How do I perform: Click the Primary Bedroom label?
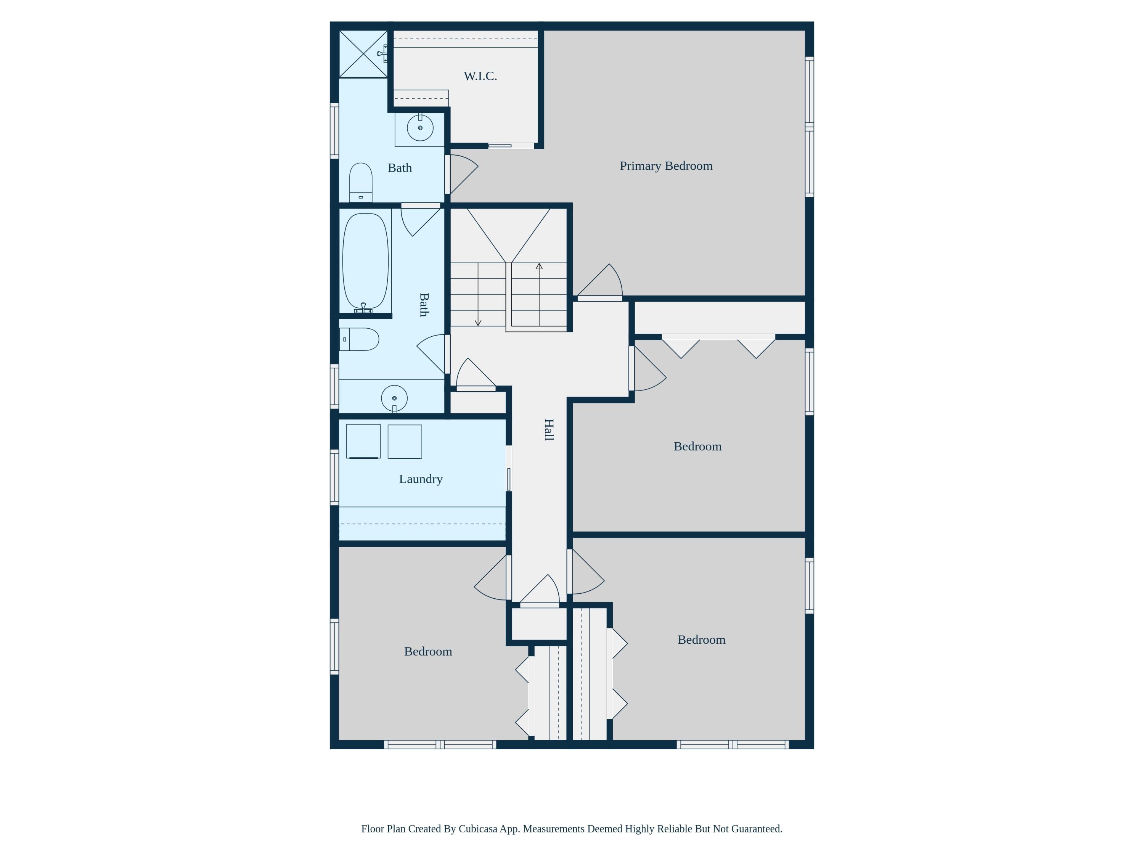pyautogui.click(x=666, y=166)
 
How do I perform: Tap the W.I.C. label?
pyautogui.click(x=480, y=76)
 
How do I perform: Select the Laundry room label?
pyautogui.click(x=421, y=479)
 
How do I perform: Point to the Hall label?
pyautogui.click(x=549, y=430)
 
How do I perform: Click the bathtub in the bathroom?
pyautogui.click(x=365, y=261)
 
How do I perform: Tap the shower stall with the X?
pyautogui.click(x=363, y=54)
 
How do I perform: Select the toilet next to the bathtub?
pyautogui.click(x=359, y=339)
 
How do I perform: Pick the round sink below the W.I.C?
pyautogui.click(x=420, y=128)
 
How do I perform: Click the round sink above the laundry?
pyautogui.click(x=394, y=398)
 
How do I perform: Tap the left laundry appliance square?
pyautogui.click(x=363, y=441)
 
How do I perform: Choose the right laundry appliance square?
pyautogui.click(x=405, y=442)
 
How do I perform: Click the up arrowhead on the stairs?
pyautogui.click(x=539, y=266)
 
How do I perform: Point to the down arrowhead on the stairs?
pyautogui.click(x=478, y=323)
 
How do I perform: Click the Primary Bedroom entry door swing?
pyautogui.click(x=600, y=282)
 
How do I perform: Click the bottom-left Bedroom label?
pyautogui.click(x=428, y=651)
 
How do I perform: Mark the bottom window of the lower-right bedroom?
pyautogui.click(x=733, y=745)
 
